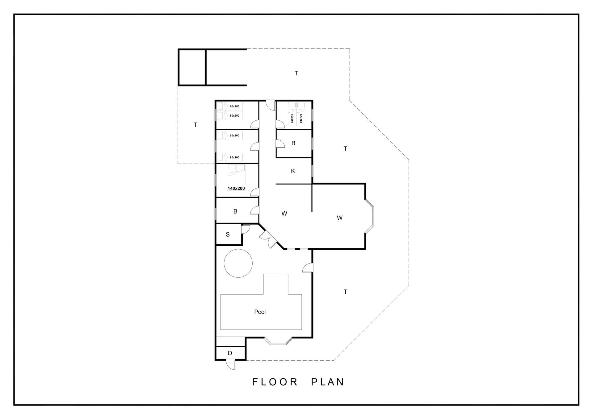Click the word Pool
(x=260, y=312)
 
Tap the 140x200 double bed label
(x=236, y=188)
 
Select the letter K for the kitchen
(x=293, y=171)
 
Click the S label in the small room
(x=228, y=234)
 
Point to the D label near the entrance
(x=230, y=353)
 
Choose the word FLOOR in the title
(x=275, y=382)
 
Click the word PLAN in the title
(x=327, y=382)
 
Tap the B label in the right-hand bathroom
(x=293, y=143)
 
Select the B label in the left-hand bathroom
(x=235, y=212)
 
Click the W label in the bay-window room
(x=340, y=218)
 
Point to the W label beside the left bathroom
(x=284, y=214)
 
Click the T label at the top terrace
(x=296, y=73)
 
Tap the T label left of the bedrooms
(x=196, y=125)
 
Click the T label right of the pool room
(x=345, y=292)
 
